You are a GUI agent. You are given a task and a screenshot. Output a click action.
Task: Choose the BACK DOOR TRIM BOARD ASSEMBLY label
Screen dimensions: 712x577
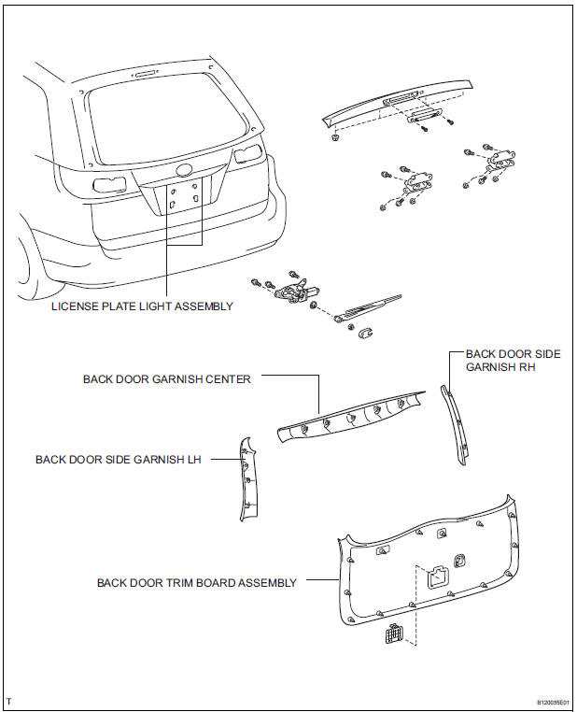[196, 582]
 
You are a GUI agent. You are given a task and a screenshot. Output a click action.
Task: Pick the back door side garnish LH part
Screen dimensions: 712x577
[246, 477]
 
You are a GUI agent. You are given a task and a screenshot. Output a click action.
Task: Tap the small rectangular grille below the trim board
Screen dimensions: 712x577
[392, 635]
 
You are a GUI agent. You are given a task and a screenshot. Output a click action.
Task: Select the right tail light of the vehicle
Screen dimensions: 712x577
[247, 155]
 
